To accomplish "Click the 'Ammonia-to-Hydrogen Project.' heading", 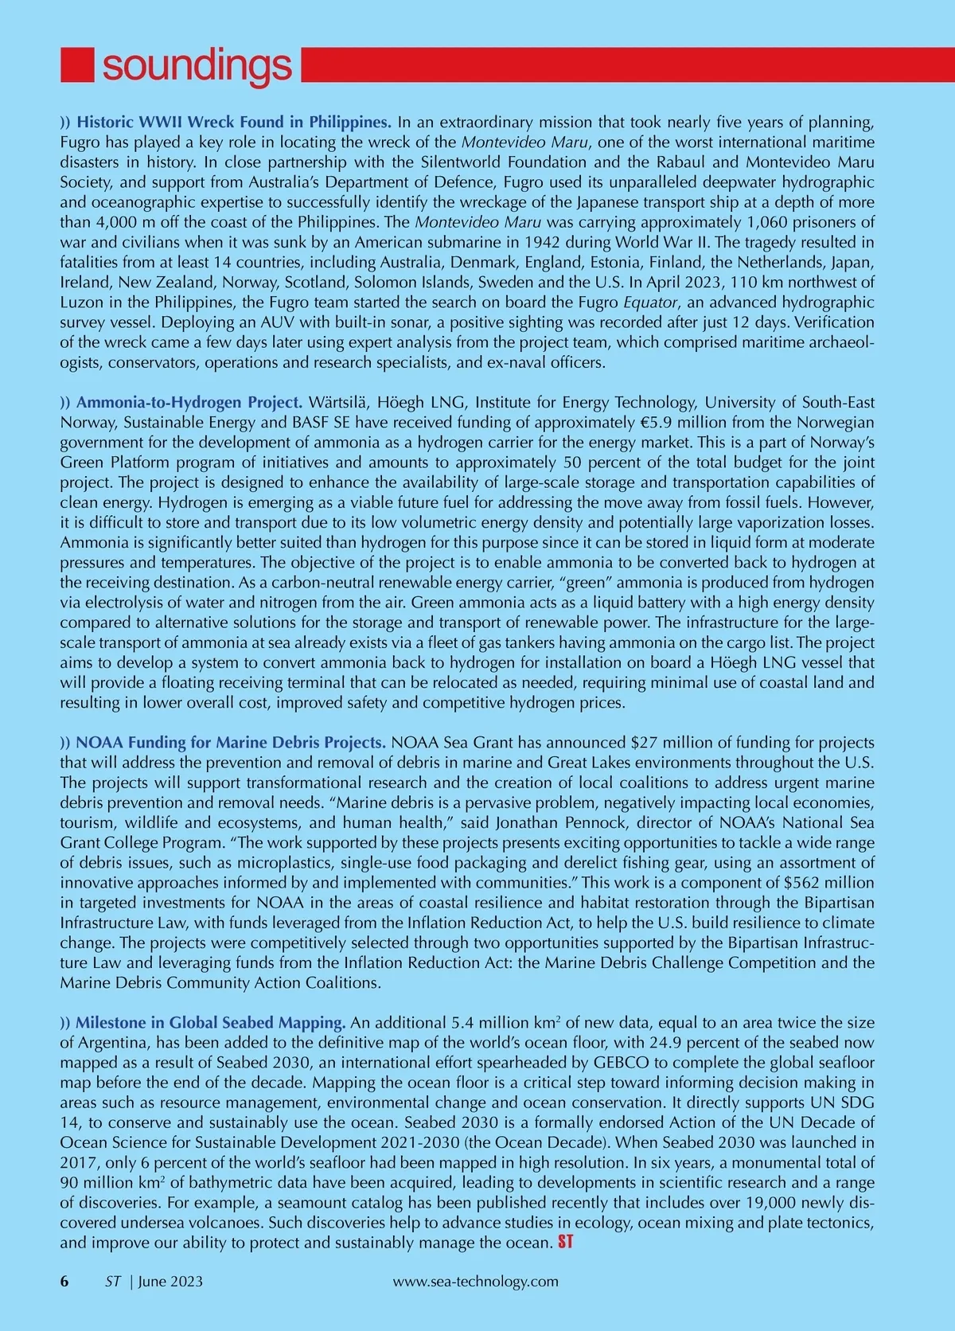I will [189, 401].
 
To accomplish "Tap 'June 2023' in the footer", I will [170, 1281].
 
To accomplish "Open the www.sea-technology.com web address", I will [476, 1281].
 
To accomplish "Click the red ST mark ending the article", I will [566, 1242].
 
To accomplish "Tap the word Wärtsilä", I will [341, 401].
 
